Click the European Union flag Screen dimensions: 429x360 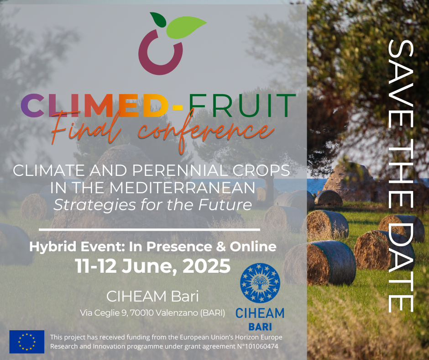pyautogui.click(x=27, y=342)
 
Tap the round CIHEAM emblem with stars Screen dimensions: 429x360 pyautogui.click(x=260, y=283)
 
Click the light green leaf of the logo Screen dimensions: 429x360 pyautogui.click(x=186, y=27)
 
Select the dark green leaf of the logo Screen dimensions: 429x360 pyautogui.click(x=158, y=20)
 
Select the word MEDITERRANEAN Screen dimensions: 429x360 pyautogui.click(x=182, y=188)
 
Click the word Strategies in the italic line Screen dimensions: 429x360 pyautogui.click(x=94, y=205)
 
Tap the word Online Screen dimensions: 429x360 pyautogui.click(x=253, y=246)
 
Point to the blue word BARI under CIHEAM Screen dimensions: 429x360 pyautogui.click(x=260, y=327)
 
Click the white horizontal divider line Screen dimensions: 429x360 pyautogui.click(x=149, y=230)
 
